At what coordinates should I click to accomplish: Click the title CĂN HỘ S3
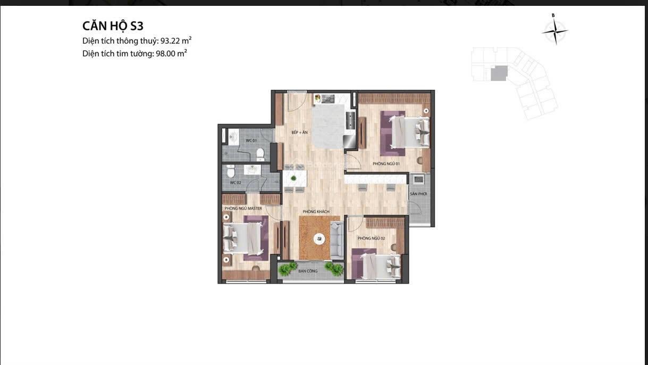click(113, 26)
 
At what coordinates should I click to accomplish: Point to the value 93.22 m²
click(176, 40)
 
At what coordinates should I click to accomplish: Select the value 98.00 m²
click(171, 54)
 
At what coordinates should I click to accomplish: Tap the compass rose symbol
click(555, 31)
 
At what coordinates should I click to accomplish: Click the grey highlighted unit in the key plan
click(499, 73)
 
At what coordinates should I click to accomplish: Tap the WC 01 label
click(251, 140)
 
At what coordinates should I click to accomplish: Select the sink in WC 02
click(253, 170)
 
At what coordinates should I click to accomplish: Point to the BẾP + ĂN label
click(299, 132)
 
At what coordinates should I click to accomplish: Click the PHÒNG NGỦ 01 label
click(386, 164)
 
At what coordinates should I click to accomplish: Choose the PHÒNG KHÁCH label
click(316, 212)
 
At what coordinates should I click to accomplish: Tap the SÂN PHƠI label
click(418, 194)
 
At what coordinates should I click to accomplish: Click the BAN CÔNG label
click(308, 271)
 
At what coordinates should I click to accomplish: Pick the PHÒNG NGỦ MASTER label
click(243, 209)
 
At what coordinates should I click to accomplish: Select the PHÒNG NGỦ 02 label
click(371, 238)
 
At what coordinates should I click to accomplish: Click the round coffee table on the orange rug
click(319, 239)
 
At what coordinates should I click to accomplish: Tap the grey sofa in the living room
click(336, 240)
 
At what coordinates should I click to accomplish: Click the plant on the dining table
click(293, 178)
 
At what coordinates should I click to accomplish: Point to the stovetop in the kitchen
click(350, 120)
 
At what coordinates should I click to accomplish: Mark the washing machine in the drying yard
click(418, 180)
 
